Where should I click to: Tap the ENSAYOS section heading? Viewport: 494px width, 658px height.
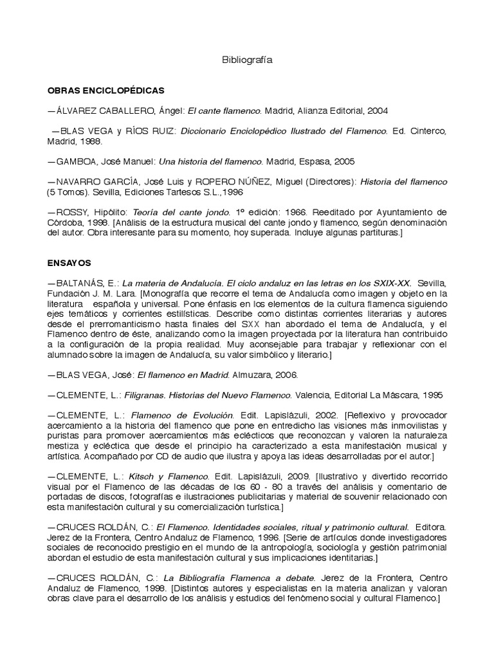click(x=69, y=263)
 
